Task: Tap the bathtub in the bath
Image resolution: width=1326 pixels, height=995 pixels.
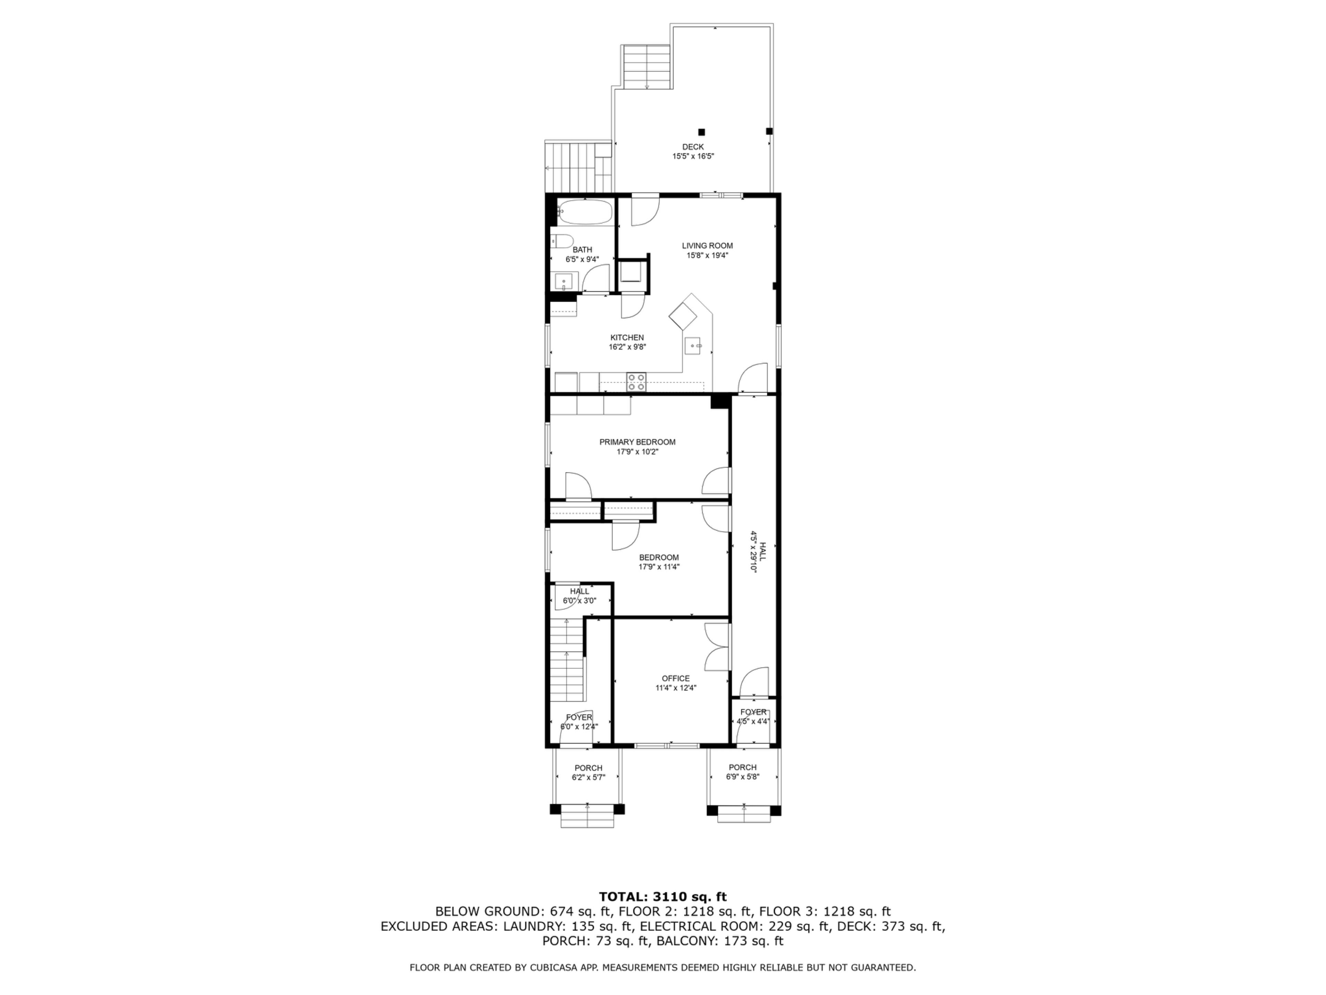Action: pos(584,212)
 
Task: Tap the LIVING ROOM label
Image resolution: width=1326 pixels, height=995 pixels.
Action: pos(707,245)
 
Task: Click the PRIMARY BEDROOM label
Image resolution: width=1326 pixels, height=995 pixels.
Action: pos(637,442)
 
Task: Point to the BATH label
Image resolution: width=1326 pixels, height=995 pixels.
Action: pos(582,249)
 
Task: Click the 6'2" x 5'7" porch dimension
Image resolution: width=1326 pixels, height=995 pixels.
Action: pos(588,777)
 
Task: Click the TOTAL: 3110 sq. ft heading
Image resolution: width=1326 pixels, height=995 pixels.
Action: pos(663,897)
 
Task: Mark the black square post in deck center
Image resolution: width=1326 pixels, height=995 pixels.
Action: pos(701,132)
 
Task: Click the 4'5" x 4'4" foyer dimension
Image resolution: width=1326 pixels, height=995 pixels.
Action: pos(753,721)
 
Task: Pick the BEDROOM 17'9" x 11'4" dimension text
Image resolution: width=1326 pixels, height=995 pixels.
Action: pos(659,567)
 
